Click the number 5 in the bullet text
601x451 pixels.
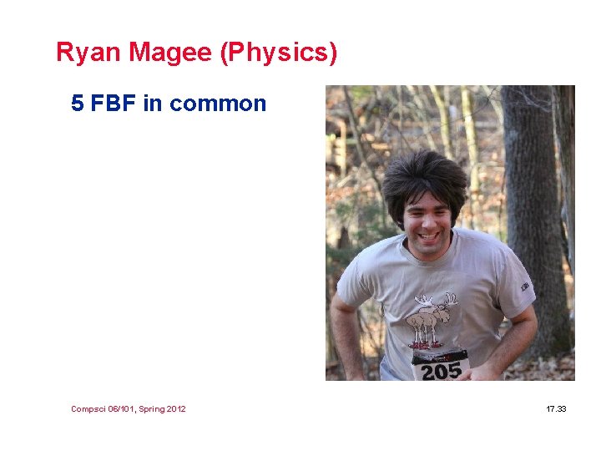pyautogui.click(x=78, y=104)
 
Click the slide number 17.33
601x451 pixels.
pyautogui.click(x=556, y=409)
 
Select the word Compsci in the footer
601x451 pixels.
pyautogui.click(x=88, y=409)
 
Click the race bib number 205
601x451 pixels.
pyautogui.click(x=441, y=370)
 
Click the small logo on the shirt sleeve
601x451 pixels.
pyautogui.click(x=527, y=286)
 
